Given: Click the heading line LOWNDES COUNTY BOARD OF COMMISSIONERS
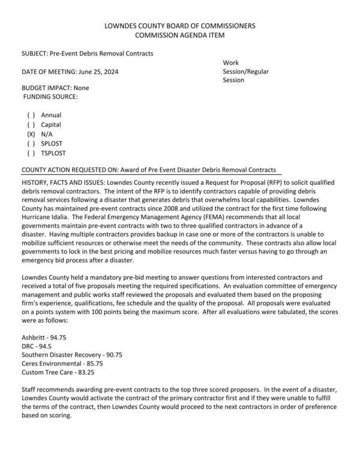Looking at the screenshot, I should (179, 26).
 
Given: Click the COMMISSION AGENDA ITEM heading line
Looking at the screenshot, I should (179, 35).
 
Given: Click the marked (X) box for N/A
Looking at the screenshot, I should (31, 135).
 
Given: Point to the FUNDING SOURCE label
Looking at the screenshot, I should (50, 96).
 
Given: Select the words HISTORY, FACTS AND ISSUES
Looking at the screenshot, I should (62, 181).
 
